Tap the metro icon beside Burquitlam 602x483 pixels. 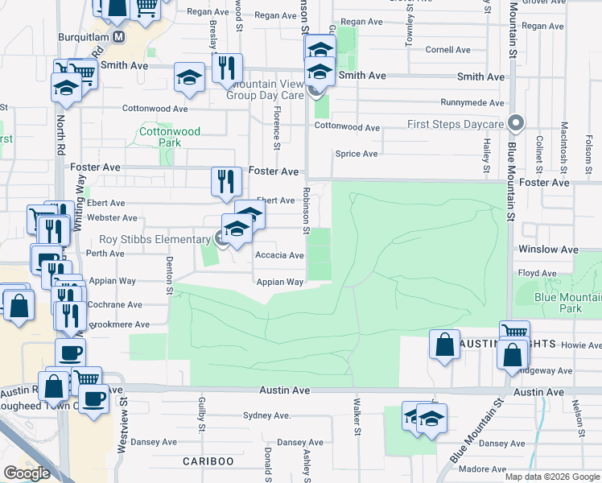click(118, 37)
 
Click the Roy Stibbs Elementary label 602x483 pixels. click(155, 239)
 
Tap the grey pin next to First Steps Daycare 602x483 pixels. click(517, 124)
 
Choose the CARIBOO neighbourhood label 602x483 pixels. click(208, 460)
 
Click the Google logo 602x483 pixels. click(27, 473)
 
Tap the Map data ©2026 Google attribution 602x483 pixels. click(552, 477)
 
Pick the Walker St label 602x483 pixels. click(357, 417)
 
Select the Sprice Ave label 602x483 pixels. click(357, 154)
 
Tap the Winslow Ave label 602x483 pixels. click(549, 250)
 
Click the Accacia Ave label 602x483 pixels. click(279, 255)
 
